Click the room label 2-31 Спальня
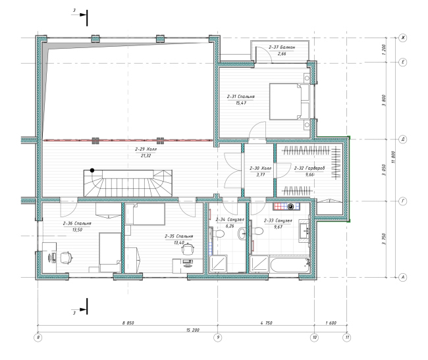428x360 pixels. click(241, 97)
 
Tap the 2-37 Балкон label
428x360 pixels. click(282, 47)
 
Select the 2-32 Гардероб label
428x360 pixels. click(309, 168)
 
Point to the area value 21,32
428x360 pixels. click(146, 156)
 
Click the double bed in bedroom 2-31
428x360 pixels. click(289, 101)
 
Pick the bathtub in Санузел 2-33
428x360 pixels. click(290, 265)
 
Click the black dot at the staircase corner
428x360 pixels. click(92, 170)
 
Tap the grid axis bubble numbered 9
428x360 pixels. click(218, 338)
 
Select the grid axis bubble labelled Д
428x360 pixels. click(403, 140)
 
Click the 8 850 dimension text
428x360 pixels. click(128, 323)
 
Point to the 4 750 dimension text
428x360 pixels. click(266, 323)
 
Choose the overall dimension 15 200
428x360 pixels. click(193, 330)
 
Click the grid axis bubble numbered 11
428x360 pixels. click(347, 338)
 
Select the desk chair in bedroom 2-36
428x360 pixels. click(66, 258)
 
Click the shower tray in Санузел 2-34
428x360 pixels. click(218, 264)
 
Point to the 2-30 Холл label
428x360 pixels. click(260, 168)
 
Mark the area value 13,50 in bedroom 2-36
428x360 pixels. click(77, 230)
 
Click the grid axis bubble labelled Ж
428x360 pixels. click(403, 38)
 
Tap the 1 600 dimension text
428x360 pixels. click(331, 323)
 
